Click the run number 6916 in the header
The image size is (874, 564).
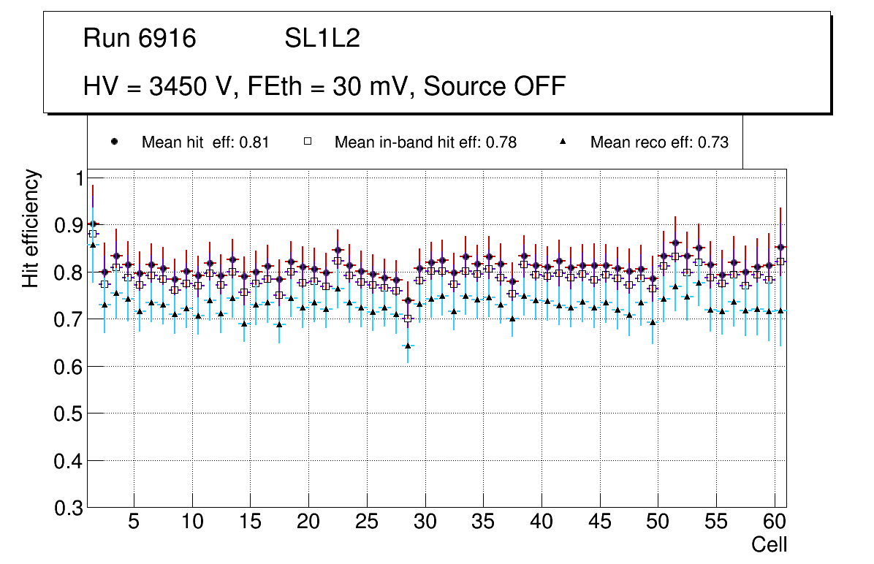168,39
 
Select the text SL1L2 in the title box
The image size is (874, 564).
322,39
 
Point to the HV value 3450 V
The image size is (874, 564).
193,86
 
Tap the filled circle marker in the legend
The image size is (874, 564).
113,142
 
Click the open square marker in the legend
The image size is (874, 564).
308,142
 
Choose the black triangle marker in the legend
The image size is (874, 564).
563,142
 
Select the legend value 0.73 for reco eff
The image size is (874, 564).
713,142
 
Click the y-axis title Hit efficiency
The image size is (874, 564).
31,228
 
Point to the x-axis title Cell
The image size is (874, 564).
769,544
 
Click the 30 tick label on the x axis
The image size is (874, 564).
425,523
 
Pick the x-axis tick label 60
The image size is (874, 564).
774,523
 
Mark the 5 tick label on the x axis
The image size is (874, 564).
134,523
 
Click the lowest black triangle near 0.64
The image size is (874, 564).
408,346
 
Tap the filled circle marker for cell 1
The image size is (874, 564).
92,224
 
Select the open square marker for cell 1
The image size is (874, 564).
93,234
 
